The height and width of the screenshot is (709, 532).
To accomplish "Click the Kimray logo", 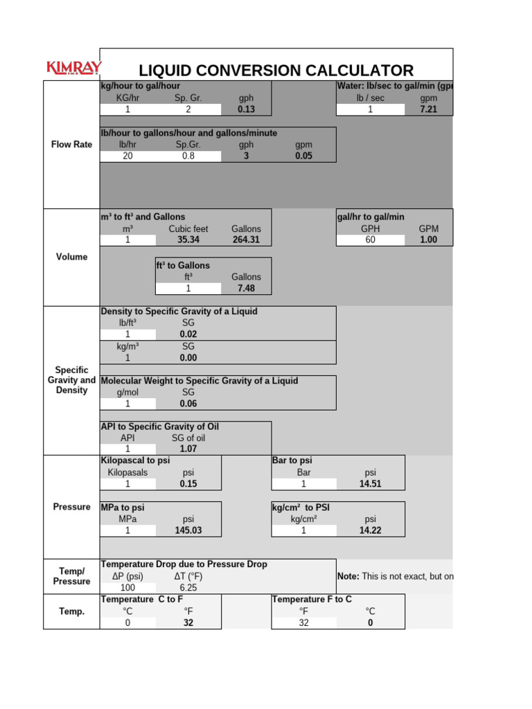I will pos(73,68).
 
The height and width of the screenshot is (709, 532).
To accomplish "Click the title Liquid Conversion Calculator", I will pos(276,70).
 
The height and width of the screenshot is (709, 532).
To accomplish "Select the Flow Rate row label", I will pos(71,145).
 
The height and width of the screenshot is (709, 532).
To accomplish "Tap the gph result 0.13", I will pos(246,109).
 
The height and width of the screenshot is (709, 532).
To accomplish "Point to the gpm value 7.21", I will pos(429,109).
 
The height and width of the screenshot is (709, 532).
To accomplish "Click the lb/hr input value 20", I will pos(127,156).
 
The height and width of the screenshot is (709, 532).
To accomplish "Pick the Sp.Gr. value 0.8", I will pos(188,156).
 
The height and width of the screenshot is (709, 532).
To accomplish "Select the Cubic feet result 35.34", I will pos(188,240).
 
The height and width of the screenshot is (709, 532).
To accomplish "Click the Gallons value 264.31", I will pos(246,240).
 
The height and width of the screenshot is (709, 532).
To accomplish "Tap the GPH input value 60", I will pos(370,240).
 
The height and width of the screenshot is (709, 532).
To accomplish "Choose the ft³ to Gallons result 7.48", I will pos(246,288).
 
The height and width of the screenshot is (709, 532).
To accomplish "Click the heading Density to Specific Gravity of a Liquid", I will pos(179,312).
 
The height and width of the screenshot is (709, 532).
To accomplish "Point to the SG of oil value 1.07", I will pos(188,449).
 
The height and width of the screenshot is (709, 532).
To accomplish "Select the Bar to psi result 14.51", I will pos(370,484).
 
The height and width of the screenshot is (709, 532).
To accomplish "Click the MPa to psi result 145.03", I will pos(188,530).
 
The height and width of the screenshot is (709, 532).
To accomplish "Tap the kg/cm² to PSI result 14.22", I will pos(370,530).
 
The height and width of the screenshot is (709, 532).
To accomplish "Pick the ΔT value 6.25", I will pos(188,587).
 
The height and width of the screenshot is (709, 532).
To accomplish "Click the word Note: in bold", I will pos(348,576).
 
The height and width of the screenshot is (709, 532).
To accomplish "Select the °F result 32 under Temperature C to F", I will pos(188,622).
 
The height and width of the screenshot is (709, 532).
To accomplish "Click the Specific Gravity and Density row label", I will pos(71,380).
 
